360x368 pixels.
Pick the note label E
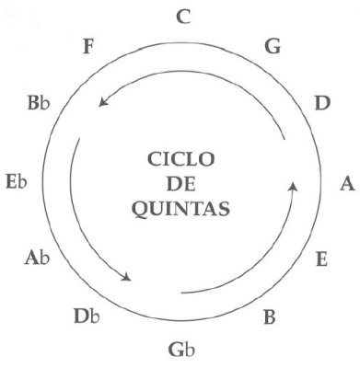(x=321, y=259)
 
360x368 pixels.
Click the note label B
(x=270, y=318)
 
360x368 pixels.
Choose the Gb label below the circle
(x=182, y=349)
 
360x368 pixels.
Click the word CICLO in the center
(x=180, y=157)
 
